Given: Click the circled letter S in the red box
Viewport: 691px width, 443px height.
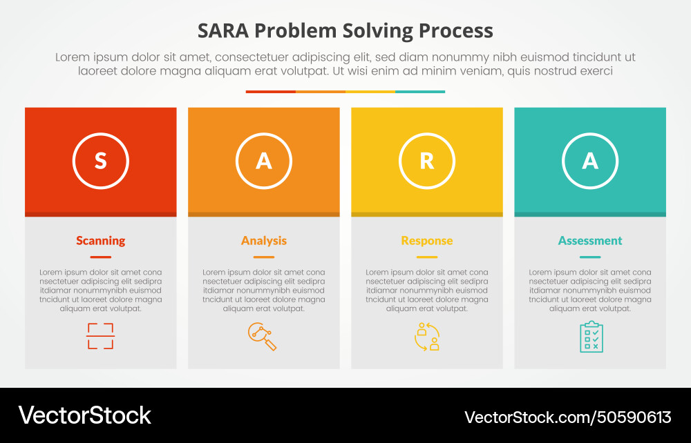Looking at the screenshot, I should [x=101, y=161].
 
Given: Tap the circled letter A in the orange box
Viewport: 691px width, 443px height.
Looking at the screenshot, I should [x=264, y=161].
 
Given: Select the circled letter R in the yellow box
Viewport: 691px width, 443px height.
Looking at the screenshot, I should [x=427, y=161].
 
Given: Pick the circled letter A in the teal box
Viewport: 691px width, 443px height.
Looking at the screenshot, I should [x=590, y=161].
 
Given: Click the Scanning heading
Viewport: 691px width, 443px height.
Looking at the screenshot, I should [x=101, y=241].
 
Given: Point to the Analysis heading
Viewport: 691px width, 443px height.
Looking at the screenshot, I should [x=264, y=241].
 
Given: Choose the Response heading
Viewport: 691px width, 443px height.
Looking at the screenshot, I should [x=427, y=241].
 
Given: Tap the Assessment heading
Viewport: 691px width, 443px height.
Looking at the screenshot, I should [x=590, y=241].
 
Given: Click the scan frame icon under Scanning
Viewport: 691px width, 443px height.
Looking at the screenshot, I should [x=100, y=336].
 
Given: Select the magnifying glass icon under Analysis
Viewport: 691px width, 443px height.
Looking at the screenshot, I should [x=262, y=336].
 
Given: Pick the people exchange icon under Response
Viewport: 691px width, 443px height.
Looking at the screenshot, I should [x=427, y=336].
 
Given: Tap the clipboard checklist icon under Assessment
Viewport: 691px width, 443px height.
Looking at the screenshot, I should [x=591, y=337].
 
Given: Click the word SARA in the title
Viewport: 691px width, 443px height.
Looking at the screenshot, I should [x=222, y=31].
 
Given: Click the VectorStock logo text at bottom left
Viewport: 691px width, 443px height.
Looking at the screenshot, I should [x=84, y=415].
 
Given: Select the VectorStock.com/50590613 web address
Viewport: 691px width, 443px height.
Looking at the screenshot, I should [x=567, y=417].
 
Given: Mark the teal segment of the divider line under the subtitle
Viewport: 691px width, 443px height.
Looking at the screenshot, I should [x=420, y=91].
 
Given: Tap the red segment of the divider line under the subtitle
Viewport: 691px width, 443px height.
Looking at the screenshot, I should [x=271, y=91].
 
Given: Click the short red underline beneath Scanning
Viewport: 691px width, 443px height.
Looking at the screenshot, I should [x=101, y=257].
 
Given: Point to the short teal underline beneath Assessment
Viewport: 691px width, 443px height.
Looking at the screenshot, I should [x=590, y=257].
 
